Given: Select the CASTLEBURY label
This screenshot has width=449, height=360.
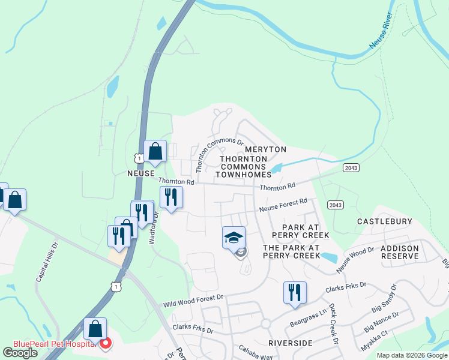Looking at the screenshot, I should tap(385, 221).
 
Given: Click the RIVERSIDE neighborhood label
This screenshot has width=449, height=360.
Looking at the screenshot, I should tap(291, 343).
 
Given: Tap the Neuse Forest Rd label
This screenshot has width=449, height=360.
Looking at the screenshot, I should tap(283, 205).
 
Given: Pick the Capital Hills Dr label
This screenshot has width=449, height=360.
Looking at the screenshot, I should tap(46, 262).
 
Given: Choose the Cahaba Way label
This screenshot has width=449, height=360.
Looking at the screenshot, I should tap(256, 352).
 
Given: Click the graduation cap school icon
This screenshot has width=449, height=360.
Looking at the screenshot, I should tap(234, 236).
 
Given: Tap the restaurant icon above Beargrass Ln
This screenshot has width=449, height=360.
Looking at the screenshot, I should tap(295, 292).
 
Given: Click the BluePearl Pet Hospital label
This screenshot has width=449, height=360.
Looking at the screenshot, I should tap(51, 344).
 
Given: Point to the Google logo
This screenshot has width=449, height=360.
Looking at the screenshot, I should tap(20, 353).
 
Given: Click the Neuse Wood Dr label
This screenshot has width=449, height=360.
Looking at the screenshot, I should tap(355, 259).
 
